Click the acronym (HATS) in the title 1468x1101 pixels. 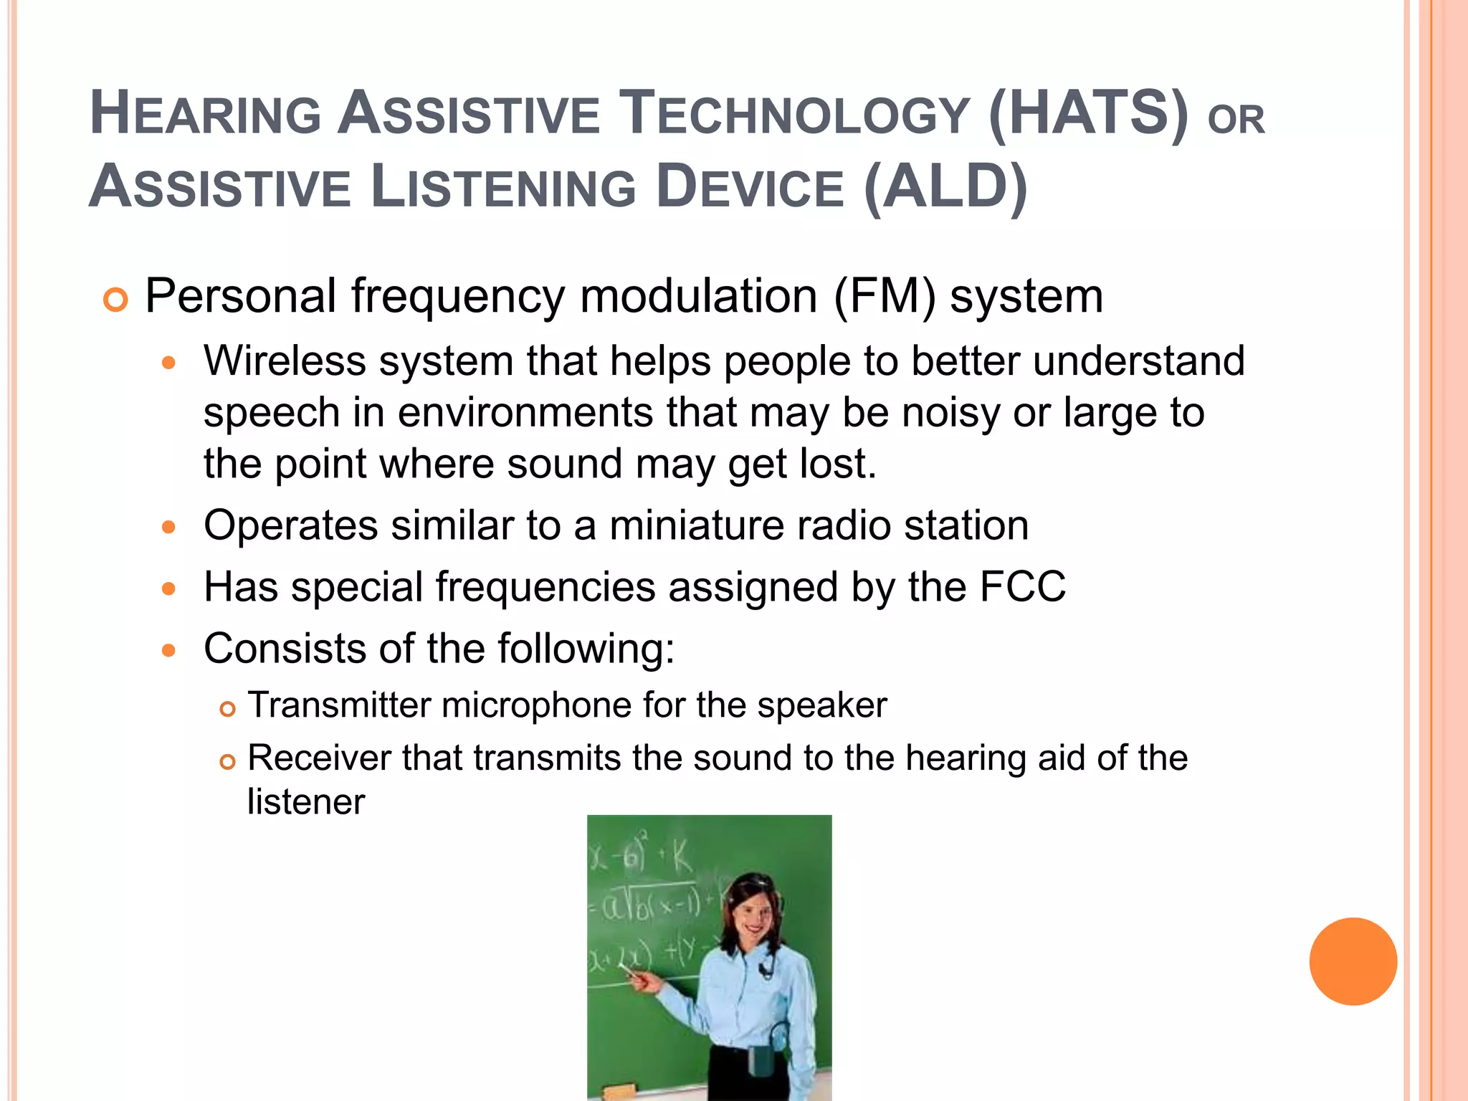(1088, 113)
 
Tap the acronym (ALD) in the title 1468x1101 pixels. (946, 187)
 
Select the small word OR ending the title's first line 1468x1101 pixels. (1236, 120)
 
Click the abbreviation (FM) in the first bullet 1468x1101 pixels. (885, 296)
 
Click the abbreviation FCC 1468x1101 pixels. (1022, 587)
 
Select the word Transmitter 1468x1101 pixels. (338, 705)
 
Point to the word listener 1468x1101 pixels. (306, 802)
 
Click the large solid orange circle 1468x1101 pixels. (1353, 961)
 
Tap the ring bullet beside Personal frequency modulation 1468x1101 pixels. (115, 300)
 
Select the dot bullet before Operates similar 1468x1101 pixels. (168, 528)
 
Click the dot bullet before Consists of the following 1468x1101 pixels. (168, 651)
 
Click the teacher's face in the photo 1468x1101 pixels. (755, 915)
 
